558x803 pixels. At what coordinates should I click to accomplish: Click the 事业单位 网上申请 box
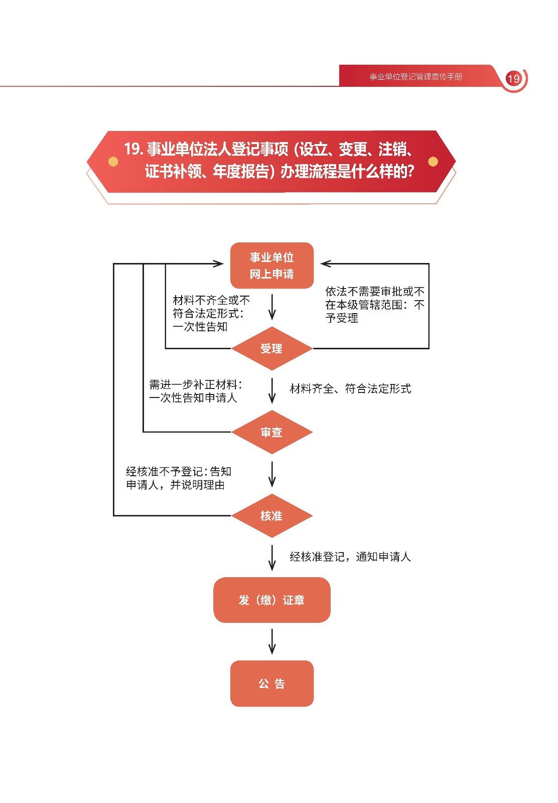click(x=271, y=265)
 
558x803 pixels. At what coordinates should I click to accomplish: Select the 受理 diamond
click(x=271, y=348)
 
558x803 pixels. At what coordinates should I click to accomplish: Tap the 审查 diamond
click(x=271, y=432)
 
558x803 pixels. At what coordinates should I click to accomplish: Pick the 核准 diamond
click(x=271, y=515)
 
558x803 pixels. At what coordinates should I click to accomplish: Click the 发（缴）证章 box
click(x=271, y=600)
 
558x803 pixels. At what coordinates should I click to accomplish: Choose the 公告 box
click(x=271, y=684)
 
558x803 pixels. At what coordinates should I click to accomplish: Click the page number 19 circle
click(x=513, y=79)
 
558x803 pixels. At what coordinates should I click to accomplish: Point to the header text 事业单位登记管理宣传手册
click(x=415, y=77)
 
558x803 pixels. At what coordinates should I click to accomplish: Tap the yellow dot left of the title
click(x=113, y=162)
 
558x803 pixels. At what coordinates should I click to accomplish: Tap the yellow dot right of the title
click(x=433, y=162)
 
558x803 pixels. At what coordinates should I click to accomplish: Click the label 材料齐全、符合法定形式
click(x=350, y=388)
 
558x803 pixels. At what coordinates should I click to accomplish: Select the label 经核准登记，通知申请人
click(x=350, y=557)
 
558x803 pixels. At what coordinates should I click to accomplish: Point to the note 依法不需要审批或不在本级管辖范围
click(x=374, y=305)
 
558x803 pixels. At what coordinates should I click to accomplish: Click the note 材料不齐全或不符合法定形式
click(x=211, y=313)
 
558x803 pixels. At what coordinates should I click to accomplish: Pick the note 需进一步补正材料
click(x=195, y=391)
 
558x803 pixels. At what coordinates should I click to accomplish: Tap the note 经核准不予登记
click(x=178, y=478)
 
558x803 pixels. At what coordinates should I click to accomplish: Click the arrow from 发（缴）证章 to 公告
click(x=272, y=641)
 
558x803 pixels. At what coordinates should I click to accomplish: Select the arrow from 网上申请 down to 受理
click(x=272, y=307)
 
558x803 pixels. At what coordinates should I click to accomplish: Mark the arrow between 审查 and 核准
click(x=272, y=474)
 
